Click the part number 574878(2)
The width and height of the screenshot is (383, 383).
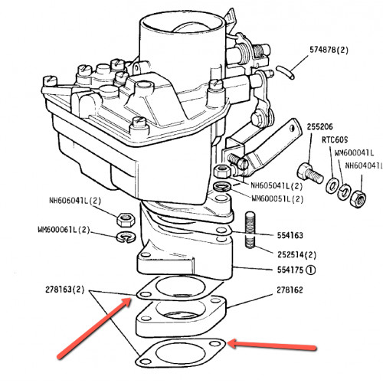(x=329, y=50)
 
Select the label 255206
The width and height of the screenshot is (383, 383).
(x=319, y=126)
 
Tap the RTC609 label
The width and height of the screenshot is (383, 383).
(x=335, y=139)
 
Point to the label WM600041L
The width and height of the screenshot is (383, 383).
(x=354, y=152)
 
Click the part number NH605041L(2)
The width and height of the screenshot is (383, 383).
(x=277, y=185)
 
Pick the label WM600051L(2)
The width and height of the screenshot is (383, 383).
(x=277, y=198)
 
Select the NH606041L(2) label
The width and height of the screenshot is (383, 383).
(x=75, y=201)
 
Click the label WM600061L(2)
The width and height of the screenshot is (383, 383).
(x=64, y=230)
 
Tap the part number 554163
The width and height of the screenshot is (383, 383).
(x=290, y=235)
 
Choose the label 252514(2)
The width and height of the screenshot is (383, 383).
(x=296, y=254)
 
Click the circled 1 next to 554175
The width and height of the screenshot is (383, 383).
(x=311, y=270)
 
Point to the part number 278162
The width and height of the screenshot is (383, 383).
(x=290, y=290)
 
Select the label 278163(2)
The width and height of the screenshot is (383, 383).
(x=64, y=290)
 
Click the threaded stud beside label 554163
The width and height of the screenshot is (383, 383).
(x=250, y=230)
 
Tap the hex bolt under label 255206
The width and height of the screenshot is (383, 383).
(x=310, y=174)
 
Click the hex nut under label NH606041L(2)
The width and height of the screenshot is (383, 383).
(x=126, y=219)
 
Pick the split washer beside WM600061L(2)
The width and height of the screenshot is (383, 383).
(x=126, y=237)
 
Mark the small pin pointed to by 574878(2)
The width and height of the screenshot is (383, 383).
(x=285, y=72)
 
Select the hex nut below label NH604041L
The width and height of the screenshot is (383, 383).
(x=358, y=199)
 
